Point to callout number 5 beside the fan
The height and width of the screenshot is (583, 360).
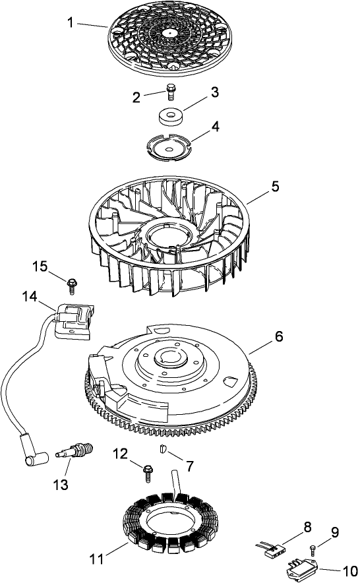(x=274, y=187)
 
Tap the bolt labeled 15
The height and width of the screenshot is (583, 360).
(x=71, y=284)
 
